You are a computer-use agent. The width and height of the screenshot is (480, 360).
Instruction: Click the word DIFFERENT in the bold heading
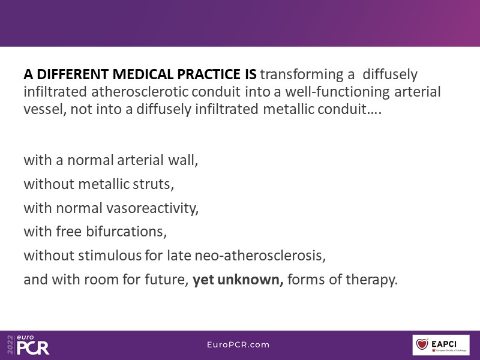pyautogui.click(x=73, y=74)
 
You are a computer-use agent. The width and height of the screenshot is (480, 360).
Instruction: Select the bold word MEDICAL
pyautogui.click(x=143, y=74)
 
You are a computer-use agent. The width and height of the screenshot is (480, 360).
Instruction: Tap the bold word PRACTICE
pyautogui.click(x=209, y=74)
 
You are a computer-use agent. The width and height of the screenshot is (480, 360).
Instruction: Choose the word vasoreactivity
pyautogui.click(x=152, y=208)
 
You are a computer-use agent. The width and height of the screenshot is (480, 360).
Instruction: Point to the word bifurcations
pyautogui.click(x=126, y=232)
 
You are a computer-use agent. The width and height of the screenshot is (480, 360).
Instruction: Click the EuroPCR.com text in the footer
pyautogui.click(x=238, y=344)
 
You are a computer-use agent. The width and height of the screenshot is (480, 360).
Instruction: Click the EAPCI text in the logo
pyautogui.click(x=444, y=343)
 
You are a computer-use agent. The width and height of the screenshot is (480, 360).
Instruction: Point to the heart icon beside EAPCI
pyautogui.click(x=422, y=344)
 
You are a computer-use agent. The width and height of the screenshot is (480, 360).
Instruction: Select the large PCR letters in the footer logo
pyautogui.click(x=33, y=348)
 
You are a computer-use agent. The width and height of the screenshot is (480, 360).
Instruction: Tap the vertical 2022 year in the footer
pyautogui.click(x=10, y=344)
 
